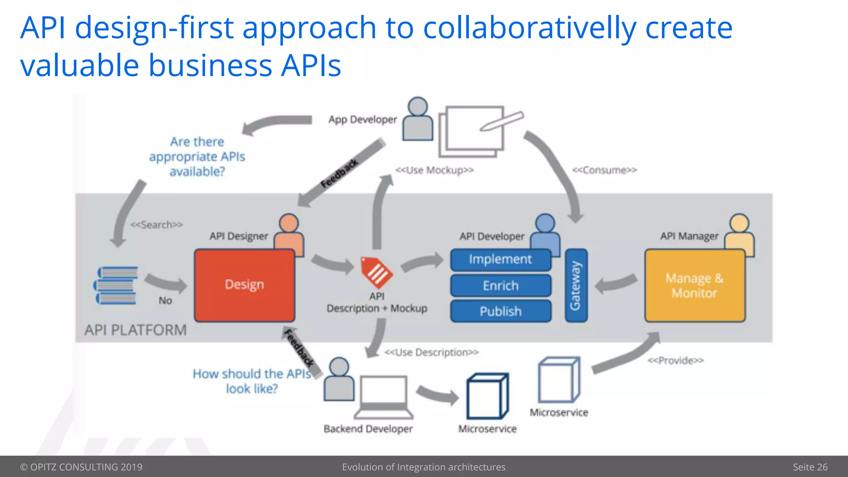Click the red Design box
244,285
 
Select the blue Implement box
500,260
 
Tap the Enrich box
500,286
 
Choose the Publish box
500,311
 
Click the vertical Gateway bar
576,285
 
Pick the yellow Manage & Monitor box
694,286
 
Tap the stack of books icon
116,285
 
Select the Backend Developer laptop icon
383,397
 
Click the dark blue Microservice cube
487,396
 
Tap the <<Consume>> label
604,170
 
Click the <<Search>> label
157,225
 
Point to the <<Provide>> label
675,361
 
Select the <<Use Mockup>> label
434,170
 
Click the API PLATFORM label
135,330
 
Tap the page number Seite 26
810,467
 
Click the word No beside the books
165,301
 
